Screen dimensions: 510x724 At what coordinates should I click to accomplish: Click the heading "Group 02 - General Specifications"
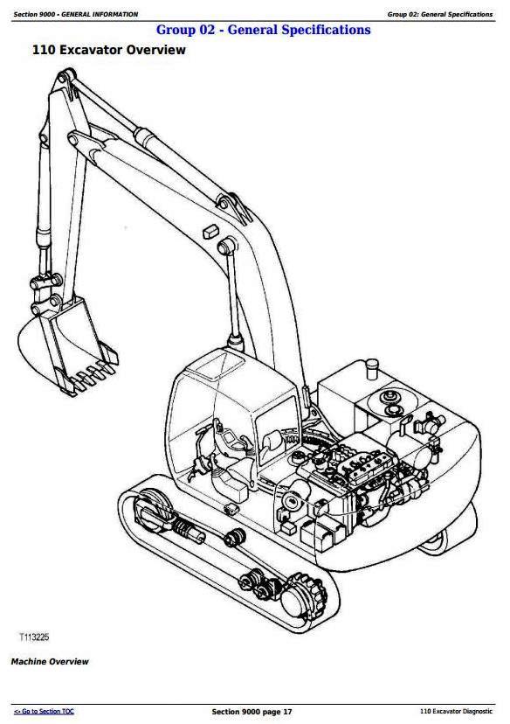pyautogui.click(x=264, y=30)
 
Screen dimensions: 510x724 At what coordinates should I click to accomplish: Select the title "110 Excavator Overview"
pyautogui.click(x=109, y=50)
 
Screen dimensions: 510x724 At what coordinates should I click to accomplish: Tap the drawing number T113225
pyautogui.click(x=34, y=637)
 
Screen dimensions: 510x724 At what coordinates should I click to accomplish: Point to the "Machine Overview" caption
pyautogui.click(x=50, y=662)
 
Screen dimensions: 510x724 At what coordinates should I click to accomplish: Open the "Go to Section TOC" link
pyautogui.click(x=44, y=712)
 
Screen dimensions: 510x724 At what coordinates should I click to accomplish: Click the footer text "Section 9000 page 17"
pyautogui.click(x=252, y=712)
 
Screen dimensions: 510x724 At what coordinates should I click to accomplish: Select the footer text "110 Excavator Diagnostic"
pyautogui.click(x=456, y=712)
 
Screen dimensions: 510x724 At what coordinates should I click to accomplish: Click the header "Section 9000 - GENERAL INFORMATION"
pyautogui.click(x=76, y=14)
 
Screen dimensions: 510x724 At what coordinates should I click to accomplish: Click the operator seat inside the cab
pyautogui.click(x=272, y=442)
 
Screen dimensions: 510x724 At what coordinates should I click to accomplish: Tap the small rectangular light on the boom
pyautogui.click(x=210, y=231)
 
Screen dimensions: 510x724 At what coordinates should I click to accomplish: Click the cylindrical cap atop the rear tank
pyautogui.click(x=372, y=368)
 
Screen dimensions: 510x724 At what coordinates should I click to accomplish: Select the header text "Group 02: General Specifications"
pyautogui.click(x=440, y=14)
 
